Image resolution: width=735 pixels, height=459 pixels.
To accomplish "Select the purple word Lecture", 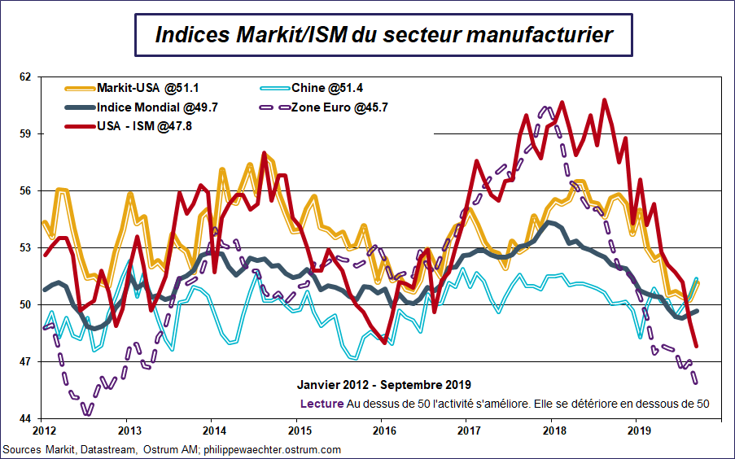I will (x=322, y=403).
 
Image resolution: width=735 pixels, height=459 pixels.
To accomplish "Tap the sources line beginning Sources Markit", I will (x=171, y=449).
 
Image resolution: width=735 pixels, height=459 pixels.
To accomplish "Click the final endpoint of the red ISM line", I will (x=697, y=346).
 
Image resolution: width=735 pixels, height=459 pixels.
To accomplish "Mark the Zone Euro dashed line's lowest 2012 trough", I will (x=88, y=413).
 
